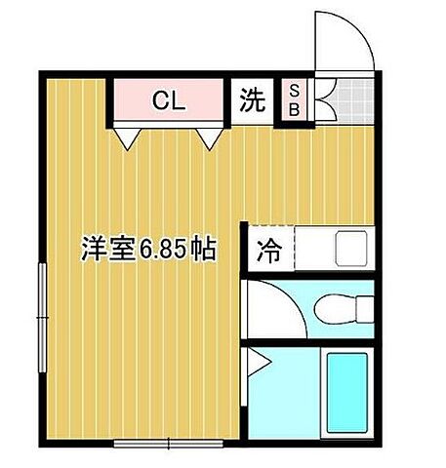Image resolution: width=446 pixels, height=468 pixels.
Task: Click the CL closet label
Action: [x=168, y=99]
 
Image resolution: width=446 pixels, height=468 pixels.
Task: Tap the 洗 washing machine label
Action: [x=253, y=100]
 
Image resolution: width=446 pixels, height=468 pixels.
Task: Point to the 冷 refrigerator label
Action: [x=268, y=250]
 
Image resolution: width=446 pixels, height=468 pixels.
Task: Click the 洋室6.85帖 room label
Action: [x=147, y=250]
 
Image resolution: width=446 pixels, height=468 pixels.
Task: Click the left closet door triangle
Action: [x=126, y=137]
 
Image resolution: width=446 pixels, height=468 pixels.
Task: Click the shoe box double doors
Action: [x=320, y=98]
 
